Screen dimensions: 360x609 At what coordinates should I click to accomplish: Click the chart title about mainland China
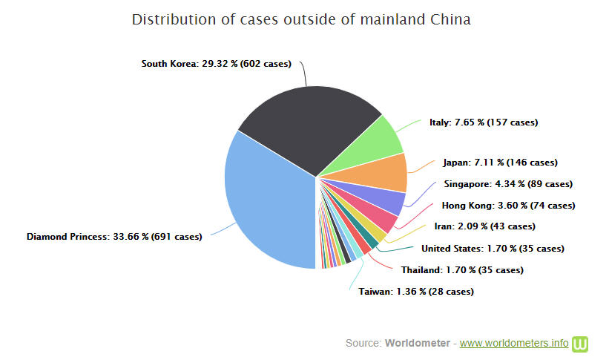[301, 19]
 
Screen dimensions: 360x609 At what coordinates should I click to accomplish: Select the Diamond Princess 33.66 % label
[114, 238]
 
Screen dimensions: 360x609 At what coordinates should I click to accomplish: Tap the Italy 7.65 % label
[484, 122]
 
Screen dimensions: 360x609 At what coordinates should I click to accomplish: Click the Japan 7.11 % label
[500, 163]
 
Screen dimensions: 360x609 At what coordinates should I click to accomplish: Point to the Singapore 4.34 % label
[508, 184]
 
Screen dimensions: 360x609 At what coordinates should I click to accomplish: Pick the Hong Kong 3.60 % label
[508, 206]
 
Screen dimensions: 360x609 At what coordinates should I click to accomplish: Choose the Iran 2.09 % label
[484, 226]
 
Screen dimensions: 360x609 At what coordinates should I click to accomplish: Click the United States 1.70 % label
[493, 249]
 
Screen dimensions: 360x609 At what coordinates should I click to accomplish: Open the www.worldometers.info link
[514, 344]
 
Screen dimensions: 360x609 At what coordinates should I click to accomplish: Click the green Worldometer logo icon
[581, 344]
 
